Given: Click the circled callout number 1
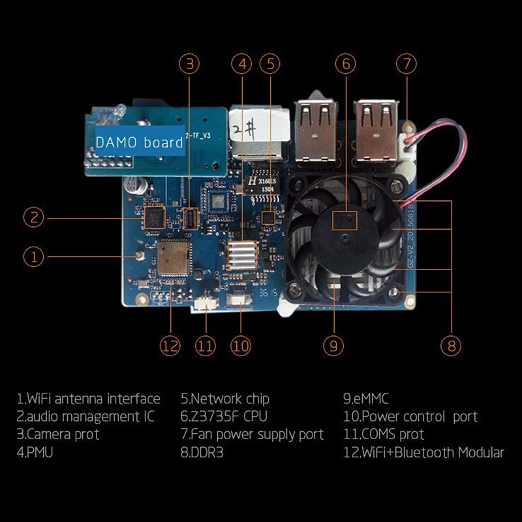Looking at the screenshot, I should pyautogui.click(x=34, y=256).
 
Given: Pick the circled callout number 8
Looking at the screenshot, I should pyautogui.click(x=452, y=345).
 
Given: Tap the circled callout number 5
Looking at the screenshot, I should pyautogui.click(x=269, y=64).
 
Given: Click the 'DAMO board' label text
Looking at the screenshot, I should pyautogui.click(x=139, y=142).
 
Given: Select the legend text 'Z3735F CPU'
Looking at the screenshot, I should pyautogui.click(x=224, y=416).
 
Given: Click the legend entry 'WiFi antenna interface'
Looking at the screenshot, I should pyautogui.click(x=88, y=398).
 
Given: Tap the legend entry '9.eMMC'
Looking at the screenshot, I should pyautogui.click(x=366, y=398).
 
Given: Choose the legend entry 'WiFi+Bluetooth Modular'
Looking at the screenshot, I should pyautogui.click(x=423, y=452).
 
